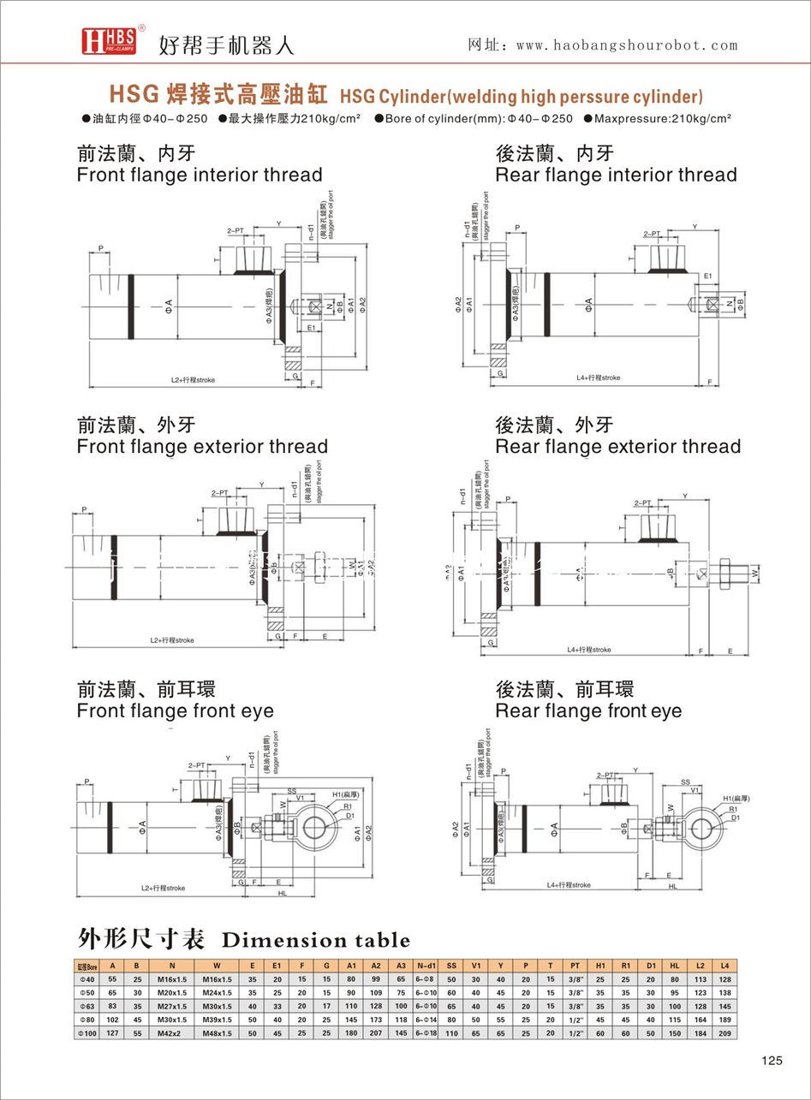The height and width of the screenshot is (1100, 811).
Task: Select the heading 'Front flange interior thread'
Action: (200, 175)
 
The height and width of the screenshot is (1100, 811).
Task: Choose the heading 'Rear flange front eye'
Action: (589, 711)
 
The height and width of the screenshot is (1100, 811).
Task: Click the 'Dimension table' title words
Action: (315, 941)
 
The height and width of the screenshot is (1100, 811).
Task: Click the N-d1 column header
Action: (426, 966)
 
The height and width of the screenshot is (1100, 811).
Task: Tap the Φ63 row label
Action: (87, 1005)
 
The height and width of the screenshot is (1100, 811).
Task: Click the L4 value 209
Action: (725, 1032)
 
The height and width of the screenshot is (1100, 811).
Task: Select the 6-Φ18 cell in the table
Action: (426, 1032)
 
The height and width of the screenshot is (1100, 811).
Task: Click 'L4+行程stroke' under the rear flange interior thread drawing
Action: (599, 378)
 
